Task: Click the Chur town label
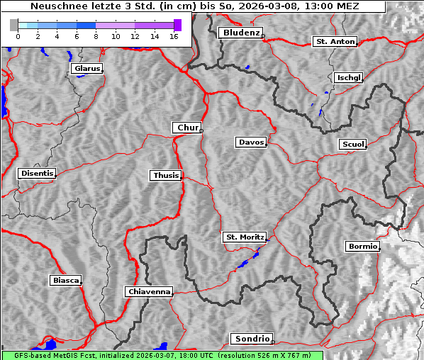(x=187, y=128)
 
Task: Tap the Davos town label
(x=250, y=142)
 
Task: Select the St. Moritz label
(x=244, y=237)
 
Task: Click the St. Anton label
(x=335, y=42)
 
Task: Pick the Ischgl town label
(x=348, y=77)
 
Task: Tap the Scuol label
(x=352, y=145)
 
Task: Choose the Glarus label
(x=86, y=69)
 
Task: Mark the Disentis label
(x=36, y=174)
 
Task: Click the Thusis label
(x=166, y=175)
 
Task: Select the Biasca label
(x=65, y=281)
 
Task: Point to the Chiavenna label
(x=149, y=291)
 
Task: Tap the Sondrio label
(x=251, y=339)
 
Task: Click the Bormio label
(x=362, y=247)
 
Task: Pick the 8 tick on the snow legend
(x=96, y=35)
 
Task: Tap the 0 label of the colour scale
(x=18, y=35)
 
